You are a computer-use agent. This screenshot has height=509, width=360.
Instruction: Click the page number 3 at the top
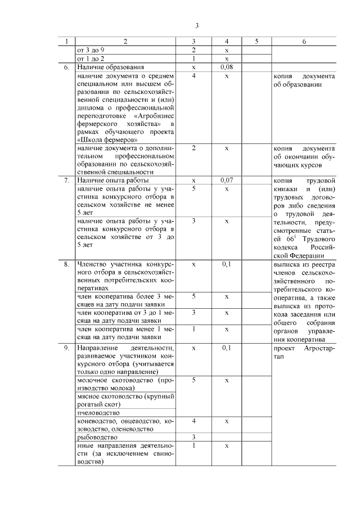[197, 26]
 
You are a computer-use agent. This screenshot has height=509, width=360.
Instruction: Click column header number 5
[256, 42]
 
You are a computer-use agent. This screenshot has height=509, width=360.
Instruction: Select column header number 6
[304, 42]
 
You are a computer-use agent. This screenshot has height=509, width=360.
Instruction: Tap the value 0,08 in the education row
[226, 67]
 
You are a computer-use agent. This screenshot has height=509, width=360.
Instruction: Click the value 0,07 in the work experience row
[226, 181]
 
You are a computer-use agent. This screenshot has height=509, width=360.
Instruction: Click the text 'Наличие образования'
[108, 67]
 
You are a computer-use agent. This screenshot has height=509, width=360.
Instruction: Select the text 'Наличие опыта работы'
[112, 181]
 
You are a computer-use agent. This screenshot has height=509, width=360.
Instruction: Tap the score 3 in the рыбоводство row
[193, 436]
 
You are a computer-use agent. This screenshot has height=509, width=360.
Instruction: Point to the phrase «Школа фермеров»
[106, 139]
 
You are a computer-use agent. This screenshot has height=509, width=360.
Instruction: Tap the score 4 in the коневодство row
[193, 421]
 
